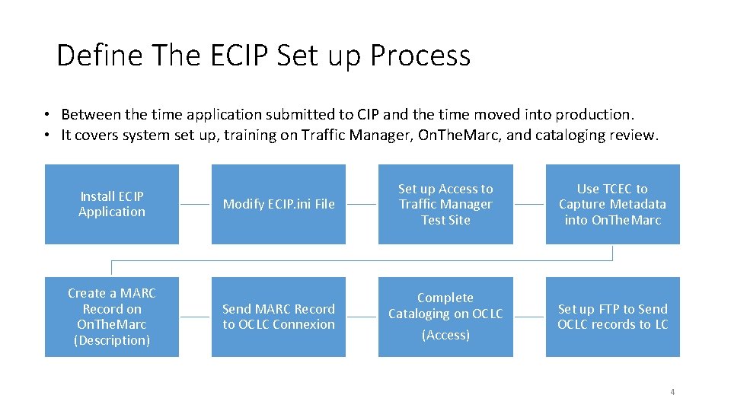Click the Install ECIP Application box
[112, 204]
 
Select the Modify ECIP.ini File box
[279, 204]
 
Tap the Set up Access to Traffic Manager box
[445, 204]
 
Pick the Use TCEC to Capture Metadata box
[612, 204]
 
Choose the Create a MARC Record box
[112, 317]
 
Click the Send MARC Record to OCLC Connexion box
[279, 317]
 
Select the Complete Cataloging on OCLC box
[445, 317]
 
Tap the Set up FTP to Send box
[612, 317]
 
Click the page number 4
[672, 392]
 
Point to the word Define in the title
[101, 56]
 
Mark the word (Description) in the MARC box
[112, 340]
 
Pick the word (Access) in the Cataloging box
[445, 335]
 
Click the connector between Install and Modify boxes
[195, 204]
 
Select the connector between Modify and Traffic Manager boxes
[362, 204]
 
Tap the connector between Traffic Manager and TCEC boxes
[529, 204]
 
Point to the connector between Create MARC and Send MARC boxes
[195, 317]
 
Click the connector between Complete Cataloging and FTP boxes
[529, 317]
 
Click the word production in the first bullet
[594, 115]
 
